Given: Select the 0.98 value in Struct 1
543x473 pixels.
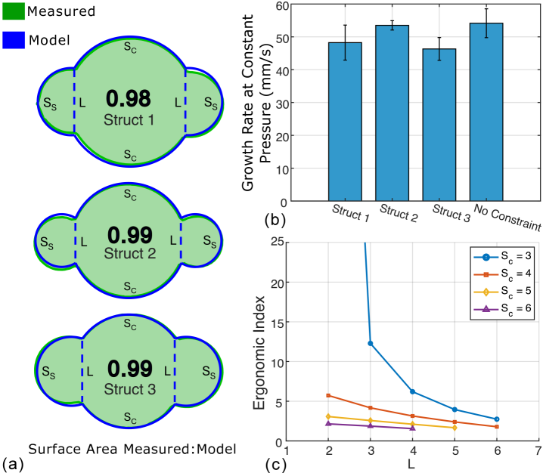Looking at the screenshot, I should click(129, 98).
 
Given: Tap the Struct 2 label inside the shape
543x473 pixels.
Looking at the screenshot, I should click(129, 253).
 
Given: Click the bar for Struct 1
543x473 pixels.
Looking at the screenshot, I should click(345, 122).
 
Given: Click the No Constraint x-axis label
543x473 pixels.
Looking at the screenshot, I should click(507, 217).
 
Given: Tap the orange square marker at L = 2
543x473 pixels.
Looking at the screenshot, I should click(327, 395).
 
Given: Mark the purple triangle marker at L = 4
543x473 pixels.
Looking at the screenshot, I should click(413, 428).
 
